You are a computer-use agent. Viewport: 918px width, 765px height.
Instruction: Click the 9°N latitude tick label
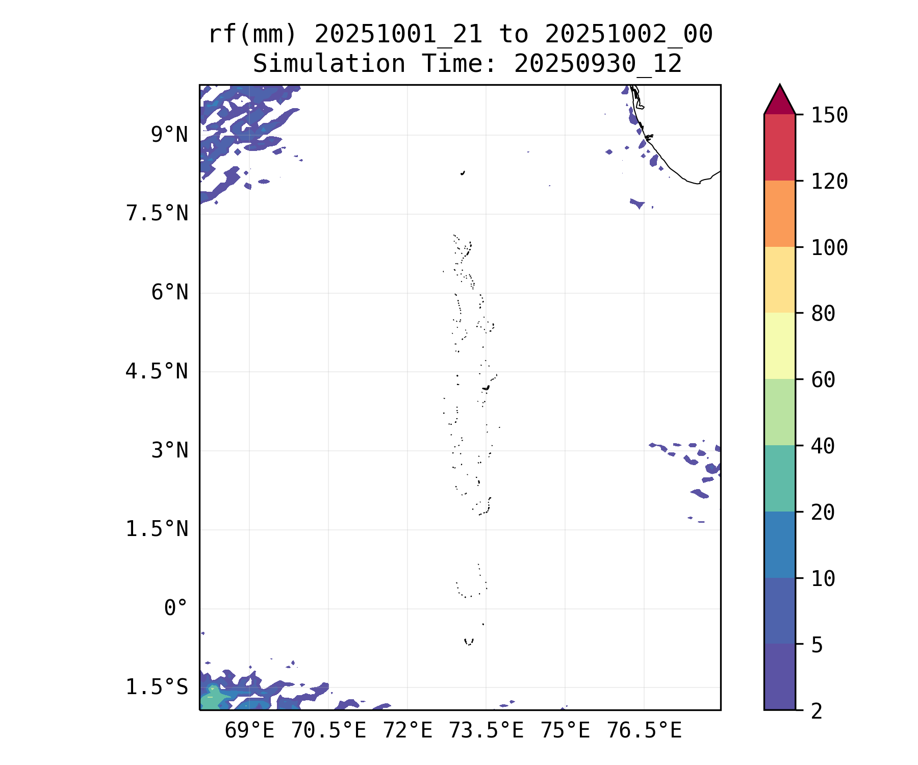point(169,135)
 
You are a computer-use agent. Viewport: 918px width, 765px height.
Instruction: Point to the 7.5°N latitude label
point(157,214)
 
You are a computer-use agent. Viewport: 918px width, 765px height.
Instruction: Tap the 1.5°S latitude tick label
point(157,687)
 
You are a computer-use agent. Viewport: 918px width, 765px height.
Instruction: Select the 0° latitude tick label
point(175,608)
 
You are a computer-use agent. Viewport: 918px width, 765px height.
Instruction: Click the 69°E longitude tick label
point(249,731)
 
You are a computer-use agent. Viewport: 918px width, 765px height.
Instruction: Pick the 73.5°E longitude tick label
point(486,731)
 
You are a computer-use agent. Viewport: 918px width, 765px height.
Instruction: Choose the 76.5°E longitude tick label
point(644,731)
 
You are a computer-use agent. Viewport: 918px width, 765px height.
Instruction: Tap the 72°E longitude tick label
point(407,731)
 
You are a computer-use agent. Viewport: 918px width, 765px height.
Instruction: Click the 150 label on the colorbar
point(829,115)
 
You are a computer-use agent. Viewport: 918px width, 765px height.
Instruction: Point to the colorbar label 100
point(829,248)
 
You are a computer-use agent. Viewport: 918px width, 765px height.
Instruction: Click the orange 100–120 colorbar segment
point(779,214)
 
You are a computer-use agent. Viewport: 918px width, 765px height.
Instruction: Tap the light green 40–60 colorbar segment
point(779,412)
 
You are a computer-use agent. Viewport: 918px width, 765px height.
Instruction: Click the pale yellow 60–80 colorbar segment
point(779,346)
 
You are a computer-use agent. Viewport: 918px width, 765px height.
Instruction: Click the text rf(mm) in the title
point(252,35)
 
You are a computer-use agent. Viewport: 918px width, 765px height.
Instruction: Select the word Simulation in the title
point(329,64)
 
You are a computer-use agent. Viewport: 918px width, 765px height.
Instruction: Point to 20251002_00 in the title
point(628,35)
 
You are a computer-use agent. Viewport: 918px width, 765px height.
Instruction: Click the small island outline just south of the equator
point(469,642)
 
